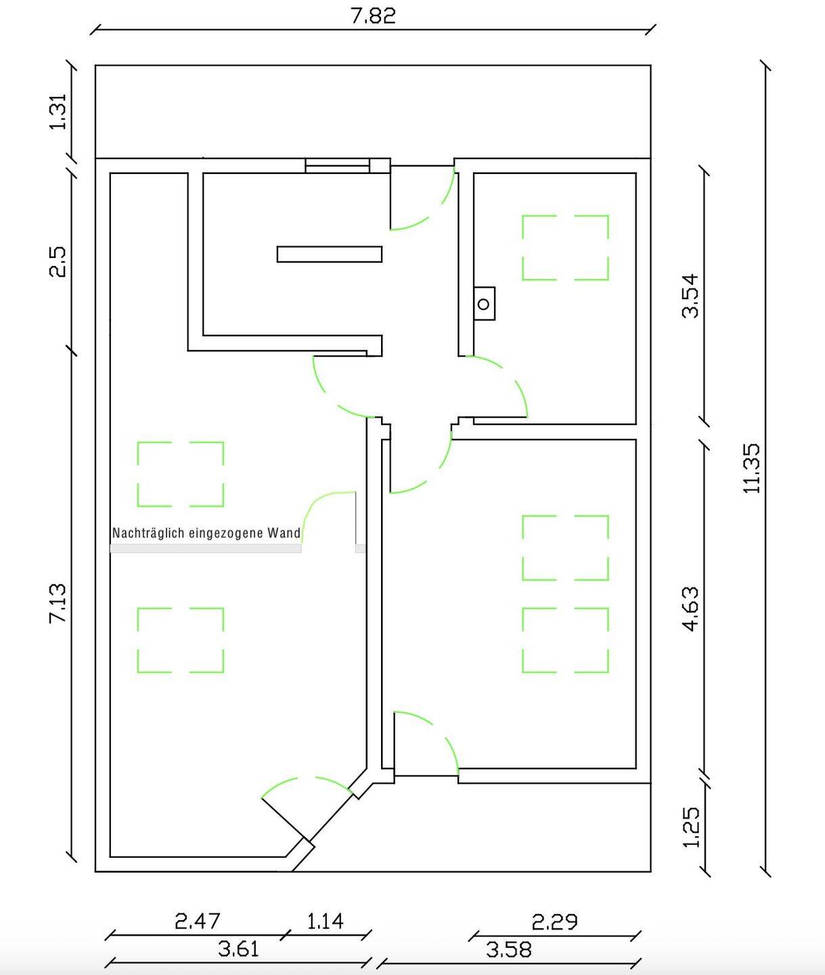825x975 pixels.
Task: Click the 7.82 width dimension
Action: (x=373, y=16)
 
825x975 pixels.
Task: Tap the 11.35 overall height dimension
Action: (x=751, y=468)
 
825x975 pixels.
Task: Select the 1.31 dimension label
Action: (x=58, y=112)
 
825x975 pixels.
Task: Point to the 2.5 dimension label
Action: (x=58, y=262)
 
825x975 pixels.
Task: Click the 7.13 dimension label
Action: (x=58, y=604)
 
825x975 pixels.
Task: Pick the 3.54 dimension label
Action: (x=691, y=296)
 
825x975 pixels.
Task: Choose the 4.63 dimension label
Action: (x=691, y=609)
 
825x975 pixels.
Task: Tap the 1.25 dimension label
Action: (x=691, y=827)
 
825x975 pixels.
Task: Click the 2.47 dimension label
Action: (x=198, y=921)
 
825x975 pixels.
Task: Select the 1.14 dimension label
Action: (x=326, y=921)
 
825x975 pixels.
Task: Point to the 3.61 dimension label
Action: (x=238, y=949)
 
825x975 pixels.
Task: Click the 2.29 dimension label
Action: (x=555, y=922)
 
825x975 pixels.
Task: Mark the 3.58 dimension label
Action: (x=509, y=949)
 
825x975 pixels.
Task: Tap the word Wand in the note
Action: (x=284, y=533)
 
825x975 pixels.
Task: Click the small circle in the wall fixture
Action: (x=484, y=304)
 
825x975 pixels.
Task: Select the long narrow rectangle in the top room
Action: (x=330, y=254)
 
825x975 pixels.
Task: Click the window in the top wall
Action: (x=337, y=166)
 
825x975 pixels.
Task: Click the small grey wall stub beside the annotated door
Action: (x=360, y=548)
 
